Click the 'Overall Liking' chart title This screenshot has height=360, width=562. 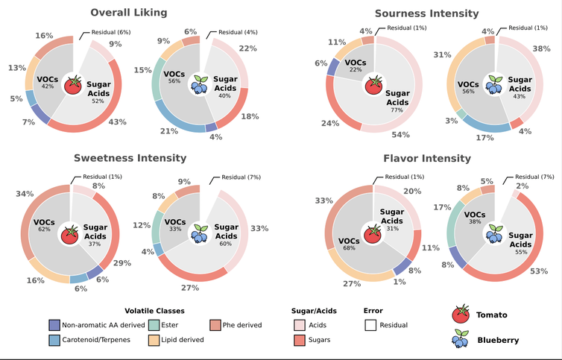[129, 13]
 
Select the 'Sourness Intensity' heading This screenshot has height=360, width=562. [426, 13]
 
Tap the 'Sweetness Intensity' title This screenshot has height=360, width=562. [130, 158]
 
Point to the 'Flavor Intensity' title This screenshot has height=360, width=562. [426, 158]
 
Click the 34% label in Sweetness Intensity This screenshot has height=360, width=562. [25, 195]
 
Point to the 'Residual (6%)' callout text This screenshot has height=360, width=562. [111, 32]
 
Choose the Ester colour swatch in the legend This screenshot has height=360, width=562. [154, 325]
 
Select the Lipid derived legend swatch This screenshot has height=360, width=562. [154, 340]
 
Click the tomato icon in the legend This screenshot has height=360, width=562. [461, 314]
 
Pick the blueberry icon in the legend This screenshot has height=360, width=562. [461, 340]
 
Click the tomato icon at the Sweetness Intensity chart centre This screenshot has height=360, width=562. [72, 233]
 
